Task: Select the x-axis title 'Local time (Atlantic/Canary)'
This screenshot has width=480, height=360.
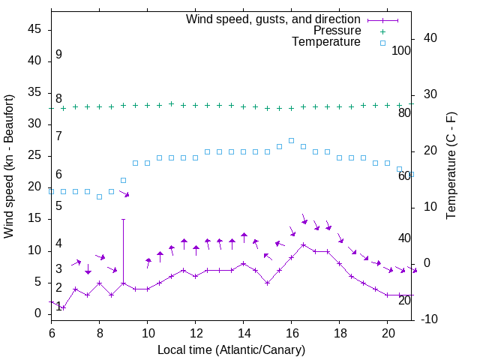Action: click(232, 350)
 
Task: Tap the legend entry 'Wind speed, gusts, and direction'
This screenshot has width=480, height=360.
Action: click(273, 19)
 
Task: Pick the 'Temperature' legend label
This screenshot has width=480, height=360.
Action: click(326, 42)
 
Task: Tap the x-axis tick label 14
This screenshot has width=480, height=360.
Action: click(243, 332)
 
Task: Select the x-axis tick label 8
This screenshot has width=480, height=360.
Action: click(99, 332)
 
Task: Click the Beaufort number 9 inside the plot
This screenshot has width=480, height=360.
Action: click(58, 55)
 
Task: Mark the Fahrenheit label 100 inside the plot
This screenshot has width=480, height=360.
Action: click(401, 51)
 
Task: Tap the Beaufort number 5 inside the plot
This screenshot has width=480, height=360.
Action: click(58, 205)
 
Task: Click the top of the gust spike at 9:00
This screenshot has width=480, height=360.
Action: click(123, 219)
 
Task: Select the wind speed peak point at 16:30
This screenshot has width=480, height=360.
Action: click(303, 244)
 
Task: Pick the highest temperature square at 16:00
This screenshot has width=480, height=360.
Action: click(291, 140)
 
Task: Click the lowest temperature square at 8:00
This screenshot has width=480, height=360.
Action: click(99, 196)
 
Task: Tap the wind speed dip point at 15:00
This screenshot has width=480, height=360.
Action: click(267, 283)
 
